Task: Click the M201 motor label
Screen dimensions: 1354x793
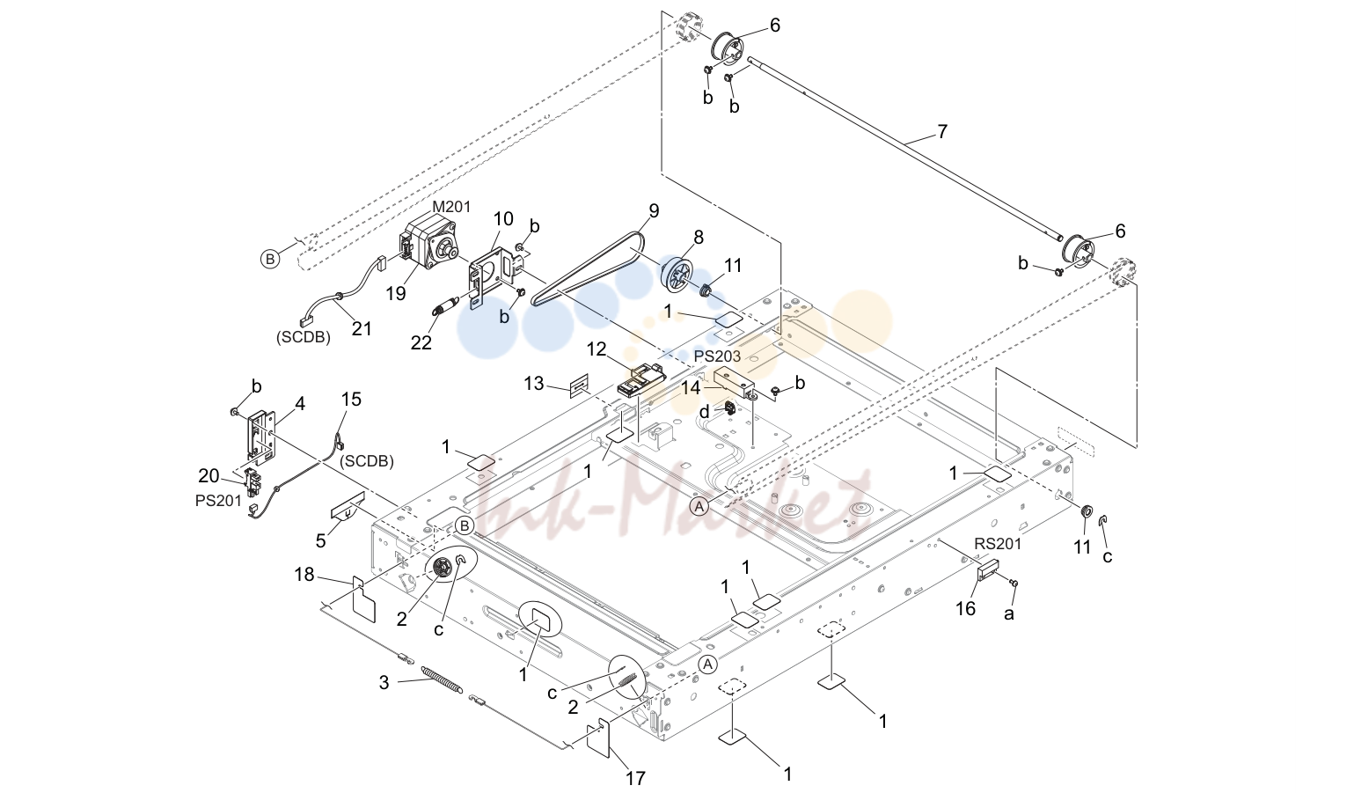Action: (x=451, y=207)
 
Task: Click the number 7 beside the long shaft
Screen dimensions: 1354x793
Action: (x=941, y=131)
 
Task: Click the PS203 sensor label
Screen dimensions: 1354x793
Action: (x=717, y=356)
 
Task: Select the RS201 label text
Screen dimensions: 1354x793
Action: (x=998, y=544)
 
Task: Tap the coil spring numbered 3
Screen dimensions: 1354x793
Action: (x=442, y=679)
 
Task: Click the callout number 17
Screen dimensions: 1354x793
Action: (x=635, y=777)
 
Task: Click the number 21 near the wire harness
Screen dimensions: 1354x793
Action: (x=362, y=328)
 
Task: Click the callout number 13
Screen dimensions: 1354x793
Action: (x=534, y=384)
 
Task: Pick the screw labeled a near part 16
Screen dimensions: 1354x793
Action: (x=1014, y=583)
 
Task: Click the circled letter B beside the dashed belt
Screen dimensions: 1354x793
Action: (x=270, y=259)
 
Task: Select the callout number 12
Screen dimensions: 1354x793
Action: (x=596, y=349)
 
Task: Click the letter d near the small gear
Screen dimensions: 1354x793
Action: (x=704, y=412)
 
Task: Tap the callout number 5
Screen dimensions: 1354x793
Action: (x=320, y=540)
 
